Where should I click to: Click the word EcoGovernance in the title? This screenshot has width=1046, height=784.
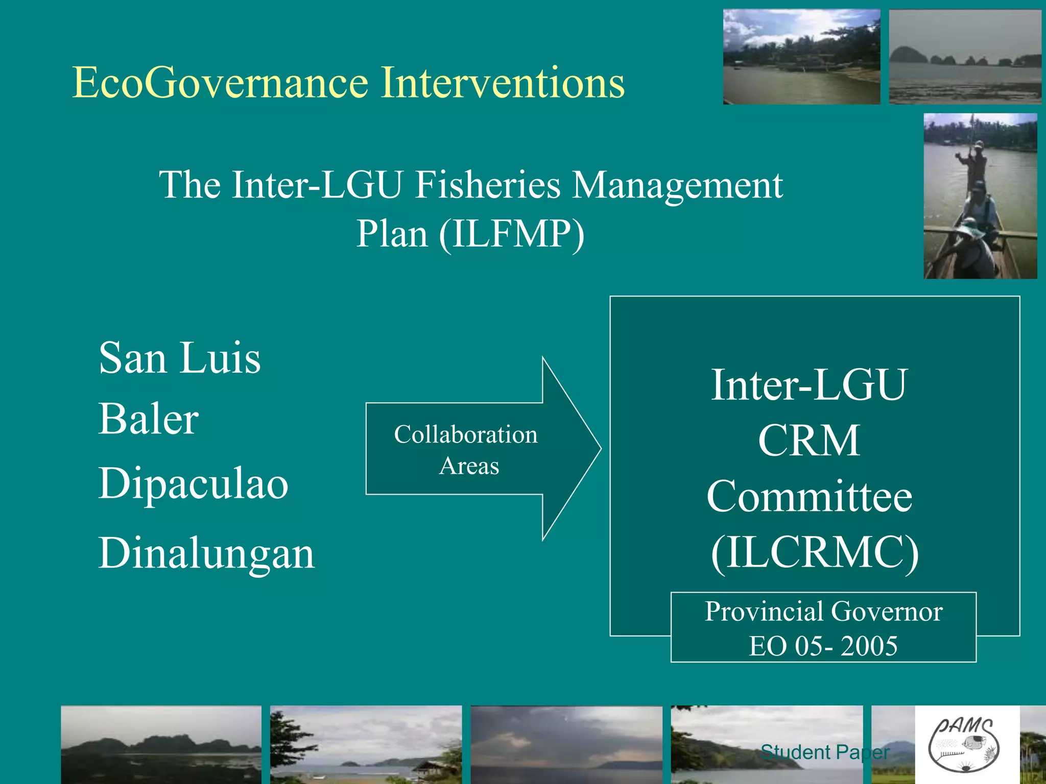coord(220,83)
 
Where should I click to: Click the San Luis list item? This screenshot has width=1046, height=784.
coord(179,358)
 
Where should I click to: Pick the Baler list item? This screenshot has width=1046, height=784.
coord(148,419)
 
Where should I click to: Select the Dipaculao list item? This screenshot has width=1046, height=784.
coord(193,483)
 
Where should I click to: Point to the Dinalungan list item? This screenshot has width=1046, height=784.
coord(206,553)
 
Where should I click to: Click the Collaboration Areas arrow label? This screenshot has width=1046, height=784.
coord(466,450)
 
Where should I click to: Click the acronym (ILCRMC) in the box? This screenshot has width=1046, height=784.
coord(814,552)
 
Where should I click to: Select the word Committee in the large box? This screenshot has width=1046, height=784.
coord(810,497)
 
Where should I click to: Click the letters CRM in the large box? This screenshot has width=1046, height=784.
coord(809,440)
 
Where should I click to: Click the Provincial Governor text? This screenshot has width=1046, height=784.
coord(823,611)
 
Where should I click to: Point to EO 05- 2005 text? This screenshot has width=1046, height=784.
coord(823,646)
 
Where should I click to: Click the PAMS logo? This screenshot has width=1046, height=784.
coord(964,745)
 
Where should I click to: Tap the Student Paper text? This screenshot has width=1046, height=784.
coord(825,752)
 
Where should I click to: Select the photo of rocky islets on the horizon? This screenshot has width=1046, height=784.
coord(964,57)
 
